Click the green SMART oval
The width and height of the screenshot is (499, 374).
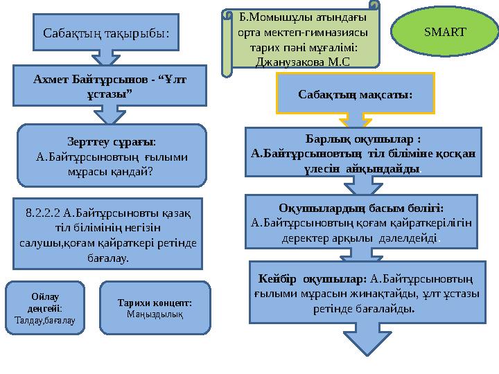(444, 33)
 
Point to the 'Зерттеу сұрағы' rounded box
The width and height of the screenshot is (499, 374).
(112, 155)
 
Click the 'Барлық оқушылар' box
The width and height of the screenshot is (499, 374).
(363, 154)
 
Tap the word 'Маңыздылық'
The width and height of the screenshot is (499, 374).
(155, 314)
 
